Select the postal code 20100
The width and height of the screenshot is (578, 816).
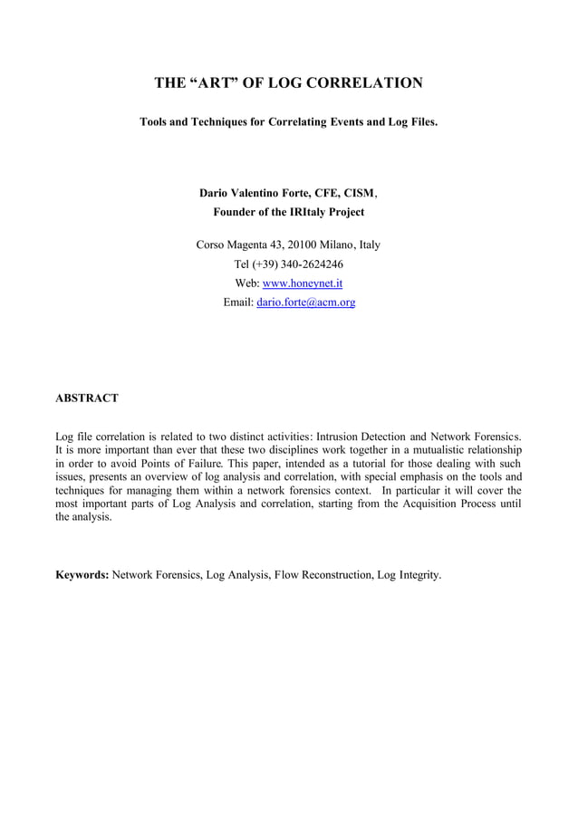[x=304, y=245]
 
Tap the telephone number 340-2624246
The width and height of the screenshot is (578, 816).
[x=314, y=264]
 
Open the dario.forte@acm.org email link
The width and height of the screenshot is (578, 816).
[x=305, y=302]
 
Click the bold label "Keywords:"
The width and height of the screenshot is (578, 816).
[x=82, y=574]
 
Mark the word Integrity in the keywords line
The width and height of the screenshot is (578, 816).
[x=417, y=574]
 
